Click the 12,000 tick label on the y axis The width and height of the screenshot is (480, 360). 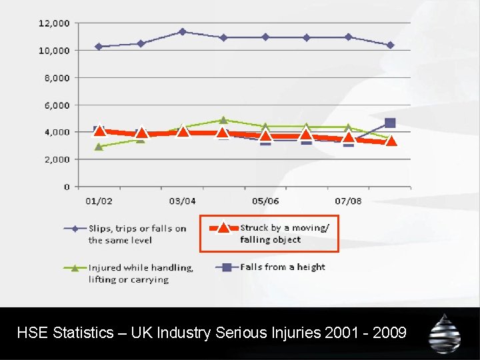[54, 23]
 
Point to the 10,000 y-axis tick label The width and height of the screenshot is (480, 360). [54, 50]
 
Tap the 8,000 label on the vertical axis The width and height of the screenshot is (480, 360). [57, 77]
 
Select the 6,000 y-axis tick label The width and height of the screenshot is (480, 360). [57, 105]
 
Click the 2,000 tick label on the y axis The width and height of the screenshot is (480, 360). [57, 159]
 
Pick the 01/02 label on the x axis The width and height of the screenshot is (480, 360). [99, 201]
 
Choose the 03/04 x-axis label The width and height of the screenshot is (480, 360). [182, 201]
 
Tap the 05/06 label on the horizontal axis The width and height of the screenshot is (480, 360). [265, 201]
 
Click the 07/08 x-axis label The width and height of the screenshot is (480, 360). [349, 201]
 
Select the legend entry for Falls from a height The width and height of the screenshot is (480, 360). [283, 267]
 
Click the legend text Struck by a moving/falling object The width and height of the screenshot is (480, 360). [284, 233]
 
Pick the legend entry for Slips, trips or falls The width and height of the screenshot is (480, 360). [137, 234]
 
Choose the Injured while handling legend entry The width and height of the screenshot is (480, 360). [141, 273]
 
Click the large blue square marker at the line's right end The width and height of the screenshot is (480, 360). [390, 123]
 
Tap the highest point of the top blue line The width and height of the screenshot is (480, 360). [182, 31]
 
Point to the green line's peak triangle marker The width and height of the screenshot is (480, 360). [224, 120]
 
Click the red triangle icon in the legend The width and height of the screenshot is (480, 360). [224, 228]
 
